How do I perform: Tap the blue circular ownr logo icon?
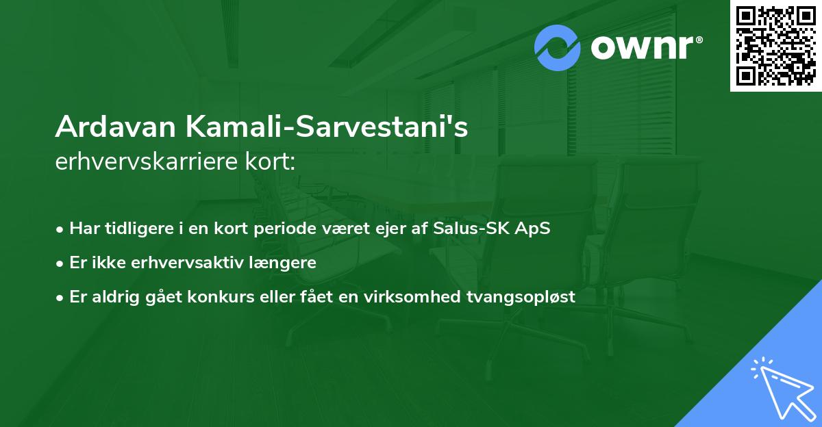558,47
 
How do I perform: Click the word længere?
283,263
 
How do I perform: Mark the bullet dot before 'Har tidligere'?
61,229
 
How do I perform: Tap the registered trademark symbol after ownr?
699,40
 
